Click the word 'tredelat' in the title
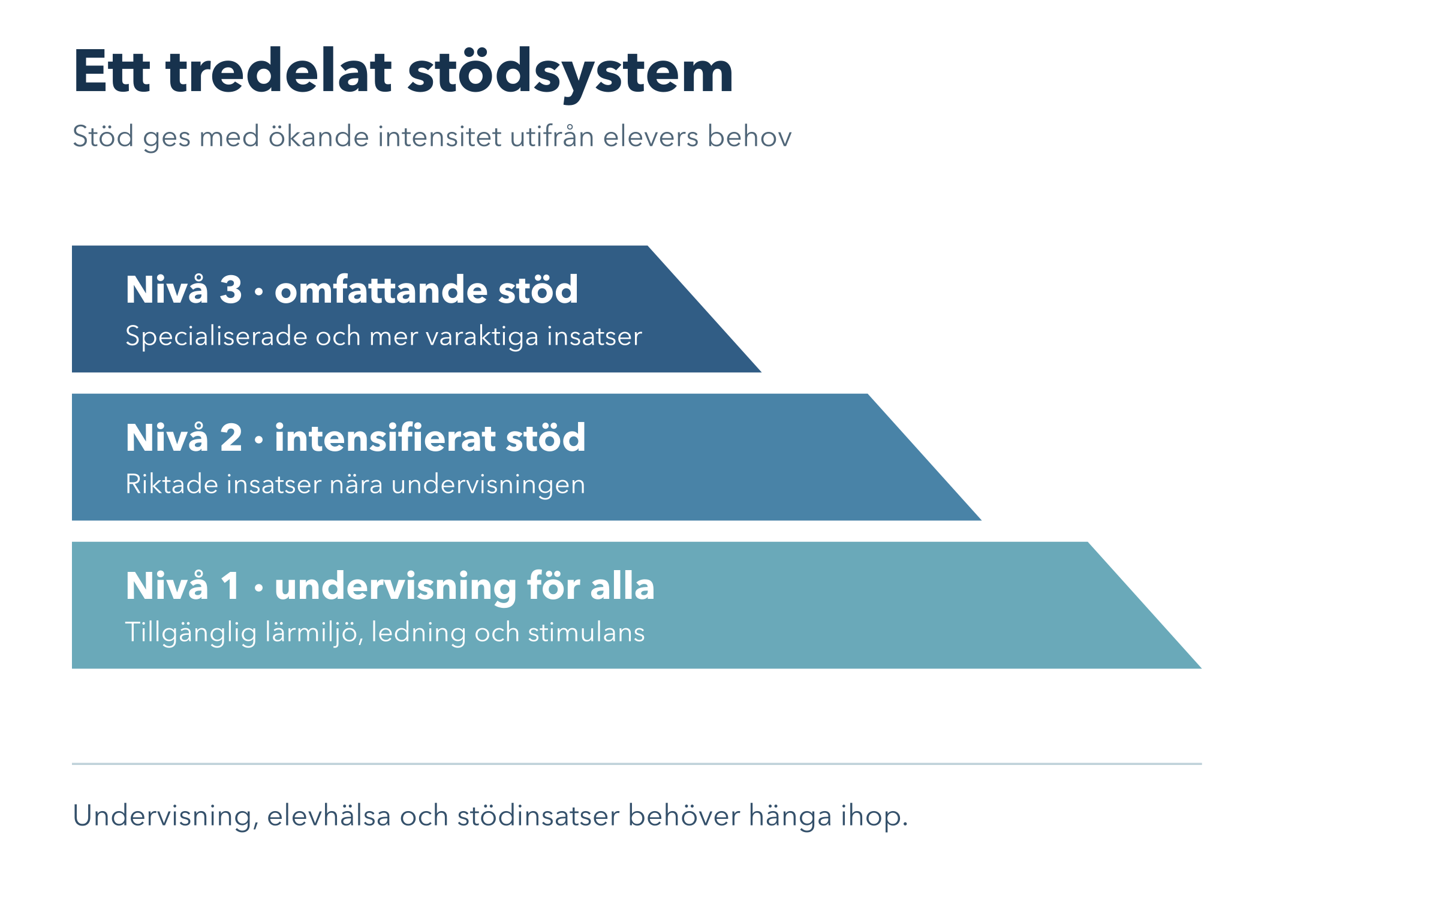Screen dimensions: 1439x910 [x=279, y=71]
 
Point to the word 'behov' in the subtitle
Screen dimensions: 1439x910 [x=749, y=136]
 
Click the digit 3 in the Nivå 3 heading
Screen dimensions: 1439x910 [x=231, y=290]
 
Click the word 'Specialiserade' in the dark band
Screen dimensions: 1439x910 [x=216, y=336]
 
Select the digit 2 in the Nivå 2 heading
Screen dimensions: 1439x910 [x=231, y=438]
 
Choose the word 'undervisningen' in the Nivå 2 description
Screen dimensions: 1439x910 [x=488, y=485]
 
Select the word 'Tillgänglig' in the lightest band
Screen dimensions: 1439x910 [x=191, y=633]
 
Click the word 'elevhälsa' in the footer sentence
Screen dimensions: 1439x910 [x=329, y=816]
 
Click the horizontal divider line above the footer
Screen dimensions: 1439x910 [x=637, y=764]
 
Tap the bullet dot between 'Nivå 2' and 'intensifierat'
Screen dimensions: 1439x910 [x=258, y=441]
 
